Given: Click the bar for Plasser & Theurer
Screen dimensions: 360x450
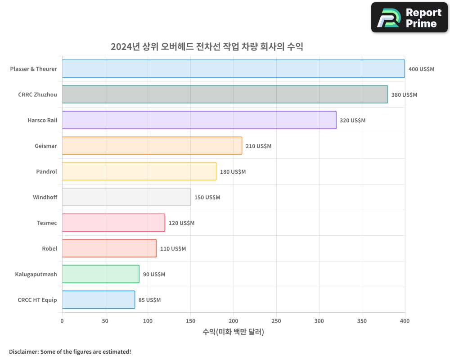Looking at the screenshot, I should click(x=233, y=69).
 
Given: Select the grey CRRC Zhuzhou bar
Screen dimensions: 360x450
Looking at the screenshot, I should click(x=225, y=94).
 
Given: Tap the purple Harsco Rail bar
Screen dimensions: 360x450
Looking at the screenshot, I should click(x=199, y=120).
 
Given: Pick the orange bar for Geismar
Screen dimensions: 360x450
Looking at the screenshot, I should click(x=152, y=146).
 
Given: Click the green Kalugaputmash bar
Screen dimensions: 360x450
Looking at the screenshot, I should click(x=100, y=274).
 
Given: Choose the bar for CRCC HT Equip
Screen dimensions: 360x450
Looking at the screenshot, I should click(x=98, y=300).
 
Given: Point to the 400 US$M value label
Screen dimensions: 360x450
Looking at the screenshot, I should click(x=421, y=69).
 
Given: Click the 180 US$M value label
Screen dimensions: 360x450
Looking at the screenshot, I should click(x=233, y=172).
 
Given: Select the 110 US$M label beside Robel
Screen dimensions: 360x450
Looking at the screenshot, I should click(x=173, y=249).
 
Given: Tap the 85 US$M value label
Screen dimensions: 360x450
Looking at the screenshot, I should click(x=149, y=300).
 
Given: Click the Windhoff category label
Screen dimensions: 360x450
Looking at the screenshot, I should click(x=45, y=198).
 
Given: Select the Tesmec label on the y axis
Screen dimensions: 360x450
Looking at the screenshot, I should click(x=47, y=223).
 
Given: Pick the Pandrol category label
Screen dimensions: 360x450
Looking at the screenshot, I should click(x=46, y=172).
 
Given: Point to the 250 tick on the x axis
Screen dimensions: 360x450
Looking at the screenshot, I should click(x=276, y=321).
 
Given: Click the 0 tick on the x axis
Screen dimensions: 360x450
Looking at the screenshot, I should click(x=62, y=321).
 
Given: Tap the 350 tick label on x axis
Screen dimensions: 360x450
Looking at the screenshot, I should click(x=362, y=321).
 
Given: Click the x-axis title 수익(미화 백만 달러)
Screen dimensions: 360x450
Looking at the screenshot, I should click(x=233, y=332).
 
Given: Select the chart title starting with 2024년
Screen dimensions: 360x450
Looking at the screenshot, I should click(x=207, y=47).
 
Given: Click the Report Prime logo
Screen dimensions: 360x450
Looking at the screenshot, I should click(x=409, y=18).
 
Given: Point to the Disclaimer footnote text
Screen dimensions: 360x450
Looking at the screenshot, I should click(x=70, y=351).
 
